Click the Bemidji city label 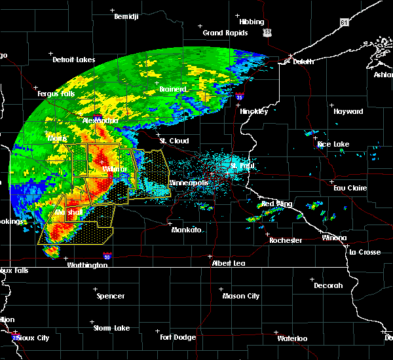click(x=126, y=16)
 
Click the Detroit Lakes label click(x=73, y=60)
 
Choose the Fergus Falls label click(x=56, y=94)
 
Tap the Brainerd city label click(x=174, y=89)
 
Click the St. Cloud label click(x=174, y=141)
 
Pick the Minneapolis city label click(x=189, y=183)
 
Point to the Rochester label click(x=286, y=240)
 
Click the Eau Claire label click(x=348, y=188)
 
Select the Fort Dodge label click(x=178, y=337)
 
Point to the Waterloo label click(x=292, y=338)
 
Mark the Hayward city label click(x=348, y=111)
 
